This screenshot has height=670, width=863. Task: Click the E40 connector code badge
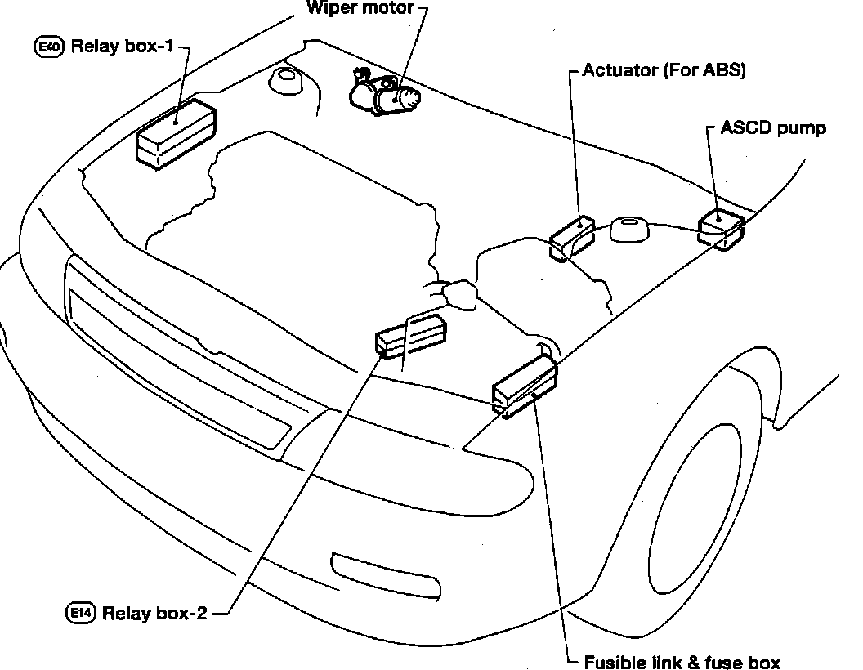(50, 47)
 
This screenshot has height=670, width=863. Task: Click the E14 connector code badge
(80, 612)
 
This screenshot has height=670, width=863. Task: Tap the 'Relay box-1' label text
(123, 47)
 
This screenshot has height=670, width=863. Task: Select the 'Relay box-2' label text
(154, 613)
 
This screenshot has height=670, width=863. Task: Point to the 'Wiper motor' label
(360, 7)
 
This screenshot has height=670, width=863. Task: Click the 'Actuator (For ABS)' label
(664, 70)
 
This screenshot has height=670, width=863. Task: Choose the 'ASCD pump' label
(773, 128)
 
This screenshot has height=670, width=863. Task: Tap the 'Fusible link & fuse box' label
(682, 662)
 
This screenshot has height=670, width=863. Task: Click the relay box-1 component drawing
(177, 133)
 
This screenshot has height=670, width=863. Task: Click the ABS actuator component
(573, 238)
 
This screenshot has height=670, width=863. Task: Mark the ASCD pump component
(721, 228)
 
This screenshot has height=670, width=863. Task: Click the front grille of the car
(179, 352)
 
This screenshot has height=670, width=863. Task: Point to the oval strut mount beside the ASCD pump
(629, 229)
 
